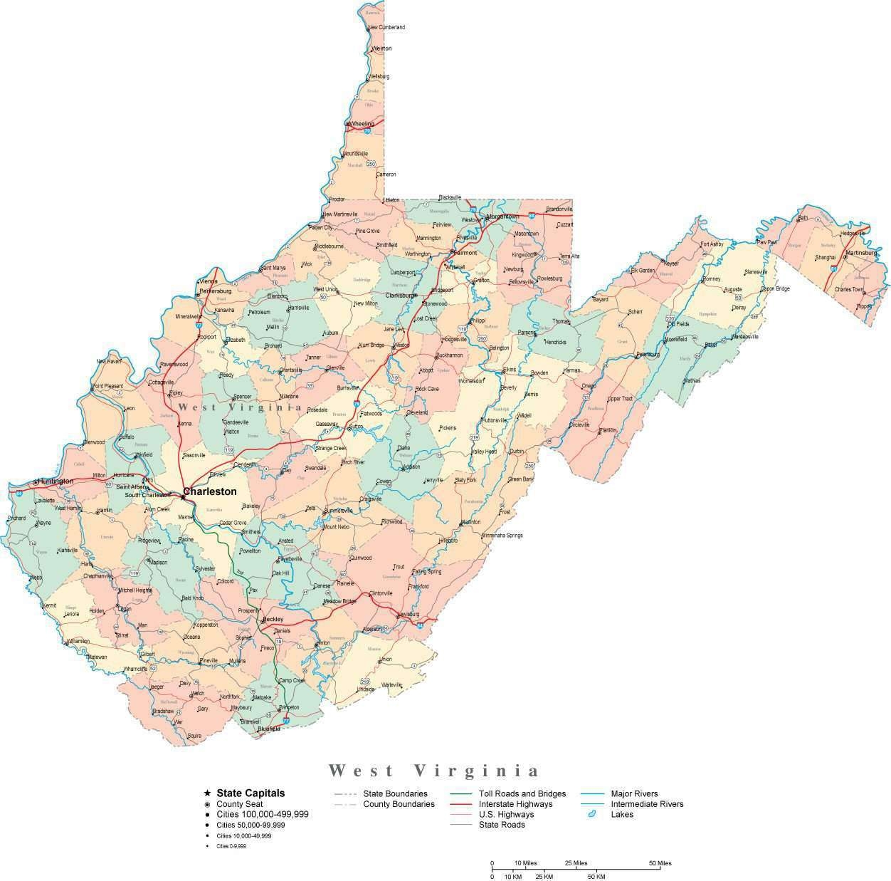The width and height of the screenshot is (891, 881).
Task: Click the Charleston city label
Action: pos(210,491)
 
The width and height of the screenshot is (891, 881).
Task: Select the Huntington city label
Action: pos(56,481)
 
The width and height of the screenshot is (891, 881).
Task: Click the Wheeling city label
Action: pos(361,123)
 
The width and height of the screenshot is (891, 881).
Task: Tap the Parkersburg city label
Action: pos(216,291)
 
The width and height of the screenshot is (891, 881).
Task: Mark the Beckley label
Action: pos(273,620)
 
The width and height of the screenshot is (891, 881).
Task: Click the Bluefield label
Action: pos(269,729)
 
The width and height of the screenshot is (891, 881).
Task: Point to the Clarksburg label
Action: pos(400,295)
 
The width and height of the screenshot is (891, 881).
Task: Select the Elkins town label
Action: pos(510,370)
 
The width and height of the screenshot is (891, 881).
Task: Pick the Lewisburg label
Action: pos(407,614)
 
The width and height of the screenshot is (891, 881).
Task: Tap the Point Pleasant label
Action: pos(108,385)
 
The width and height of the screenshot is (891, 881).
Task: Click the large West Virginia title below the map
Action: pos(434,771)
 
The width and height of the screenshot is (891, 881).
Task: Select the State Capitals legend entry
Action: pos(251,793)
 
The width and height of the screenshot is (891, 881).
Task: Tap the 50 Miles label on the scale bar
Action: pos(660,863)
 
